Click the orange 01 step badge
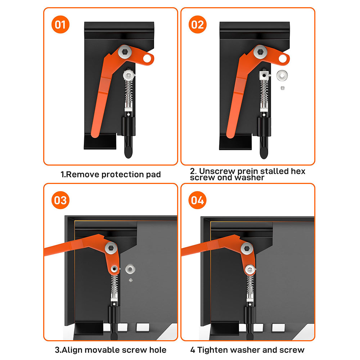pyautogui.click(x=60, y=25)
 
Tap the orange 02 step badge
pyautogui.click(x=197, y=25)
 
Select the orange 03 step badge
pyautogui.click(x=60, y=200)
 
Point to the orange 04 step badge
pyautogui.click(x=197, y=200)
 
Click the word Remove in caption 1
pyautogui.click(x=83, y=175)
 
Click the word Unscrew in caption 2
pyautogui.click(x=217, y=171)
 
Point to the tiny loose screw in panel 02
pyautogui.click(x=283, y=87)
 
